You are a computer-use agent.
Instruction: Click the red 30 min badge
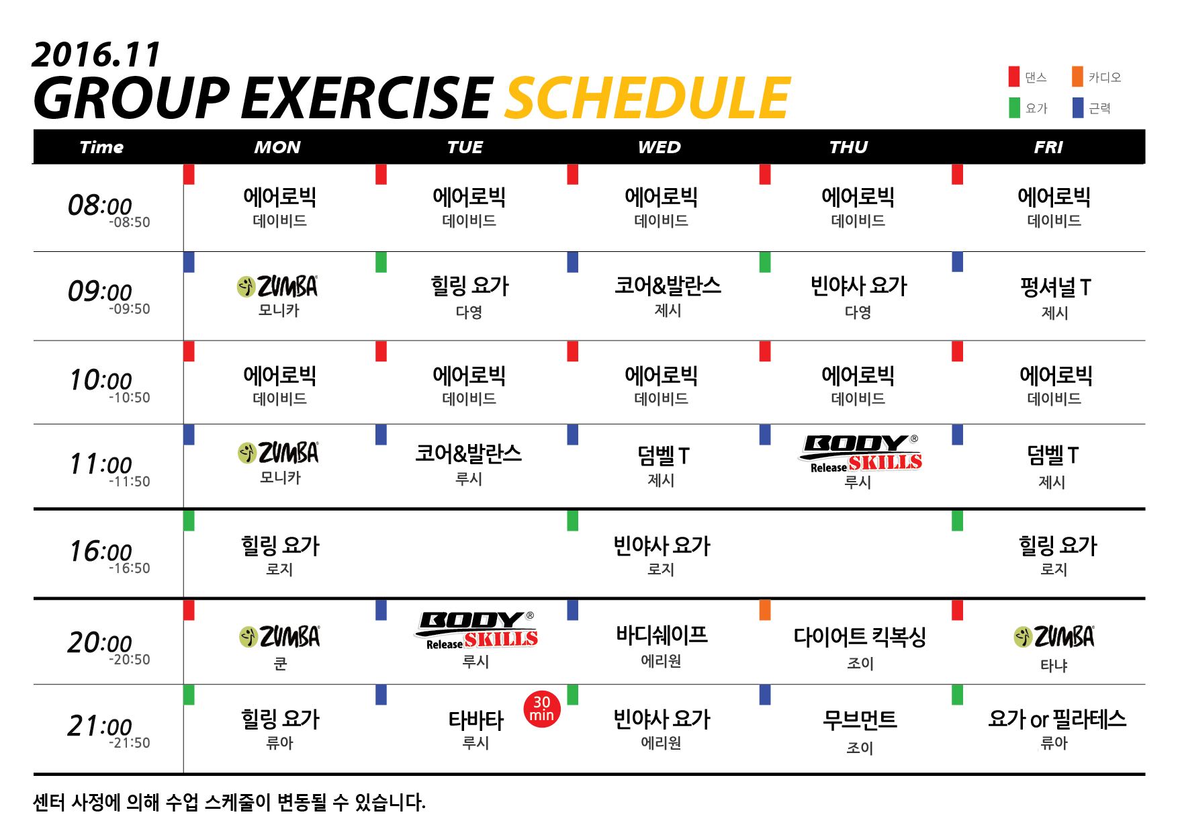pyautogui.click(x=541, y=709)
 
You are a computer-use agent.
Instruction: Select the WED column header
pyautogui.click(x=660, y=147)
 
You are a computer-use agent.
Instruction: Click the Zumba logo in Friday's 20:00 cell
pyautogui.click(x=1054, y=636)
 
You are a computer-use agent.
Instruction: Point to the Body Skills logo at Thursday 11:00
pyautogui.click(x=860, y=453)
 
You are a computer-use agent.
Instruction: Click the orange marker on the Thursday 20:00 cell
pyautogui.click(x=765, y=610)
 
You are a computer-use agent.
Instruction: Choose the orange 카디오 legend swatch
pyautogui.click(x=1077, y=77)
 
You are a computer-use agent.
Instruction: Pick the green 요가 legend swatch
pyautogui.click(x=1014, y=107)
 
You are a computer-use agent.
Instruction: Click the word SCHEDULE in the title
pyautogui.click(x=648, y=98)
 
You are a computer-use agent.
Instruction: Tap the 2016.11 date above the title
pyautogui.click(x=96, y=54)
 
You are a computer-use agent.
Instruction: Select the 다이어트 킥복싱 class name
pyautogui.click(x=860, y=636)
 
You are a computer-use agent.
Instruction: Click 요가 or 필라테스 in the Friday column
pyautogui.click(x=1056, y=719)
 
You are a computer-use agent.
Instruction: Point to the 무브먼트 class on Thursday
pyautogui.click(x=860, y=719)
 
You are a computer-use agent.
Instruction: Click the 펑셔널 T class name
pyautogui.click(x=1055, y=288)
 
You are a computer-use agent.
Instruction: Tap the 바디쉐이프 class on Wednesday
pyautogui.click(x=662, y=635)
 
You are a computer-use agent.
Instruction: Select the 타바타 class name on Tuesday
pyautogui.click(x=475, y=720)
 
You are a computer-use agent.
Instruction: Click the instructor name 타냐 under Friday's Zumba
pyautogui.click(x=1054, y=665)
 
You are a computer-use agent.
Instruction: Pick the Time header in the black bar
pyautogui.click(x=101, y=147)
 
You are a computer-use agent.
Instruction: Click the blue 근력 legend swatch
pyautogui.click(x=1077, y=107)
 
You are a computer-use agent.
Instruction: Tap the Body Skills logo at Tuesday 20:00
pyautogui.click(x=476, y=630)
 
